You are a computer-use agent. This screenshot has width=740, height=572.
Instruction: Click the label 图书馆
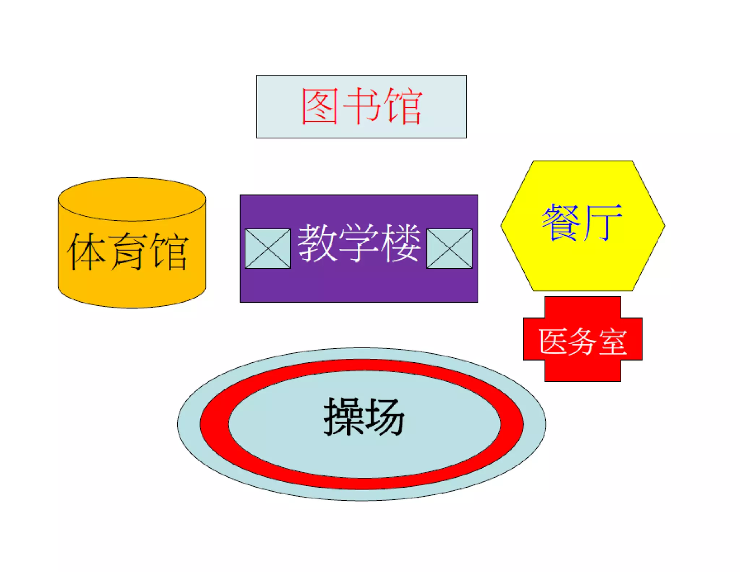tap(362, 106)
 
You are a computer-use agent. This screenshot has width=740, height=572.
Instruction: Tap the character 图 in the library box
tap(320, 106)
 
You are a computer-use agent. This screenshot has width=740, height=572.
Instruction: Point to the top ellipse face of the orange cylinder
tap(132, 199)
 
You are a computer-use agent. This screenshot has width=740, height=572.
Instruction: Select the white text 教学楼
tap(359, 243)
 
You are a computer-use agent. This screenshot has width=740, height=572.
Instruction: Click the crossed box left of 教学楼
tap(268, 249)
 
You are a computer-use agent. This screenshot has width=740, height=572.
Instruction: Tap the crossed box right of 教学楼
tap(449, 249)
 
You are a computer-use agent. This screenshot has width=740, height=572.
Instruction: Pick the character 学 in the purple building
tap(358, 243)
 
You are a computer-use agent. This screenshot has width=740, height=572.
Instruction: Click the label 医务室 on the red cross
tap(582, 341)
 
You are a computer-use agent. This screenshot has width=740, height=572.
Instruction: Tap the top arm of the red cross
tap(582, 307)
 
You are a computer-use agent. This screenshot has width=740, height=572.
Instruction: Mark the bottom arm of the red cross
tap(582, 371)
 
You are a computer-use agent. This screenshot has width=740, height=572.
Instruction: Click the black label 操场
tap(363, 417)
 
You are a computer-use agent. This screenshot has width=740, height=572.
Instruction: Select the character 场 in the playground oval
tap(384, 417)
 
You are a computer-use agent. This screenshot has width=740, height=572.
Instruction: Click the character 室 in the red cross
tap(613, 342)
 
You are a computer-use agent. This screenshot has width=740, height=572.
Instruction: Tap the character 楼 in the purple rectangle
tap(400, 243)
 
